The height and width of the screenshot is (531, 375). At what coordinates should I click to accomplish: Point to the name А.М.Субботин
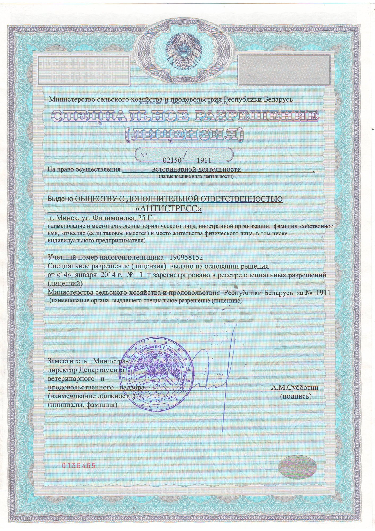(295, 387)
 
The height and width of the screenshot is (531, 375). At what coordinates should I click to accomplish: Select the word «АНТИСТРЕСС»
(169, 209)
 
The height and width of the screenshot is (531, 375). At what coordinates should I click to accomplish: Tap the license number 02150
(172, 160)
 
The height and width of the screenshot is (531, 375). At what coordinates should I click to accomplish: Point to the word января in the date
(84, 275)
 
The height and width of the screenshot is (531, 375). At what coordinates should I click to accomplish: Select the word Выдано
(60, 199)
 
